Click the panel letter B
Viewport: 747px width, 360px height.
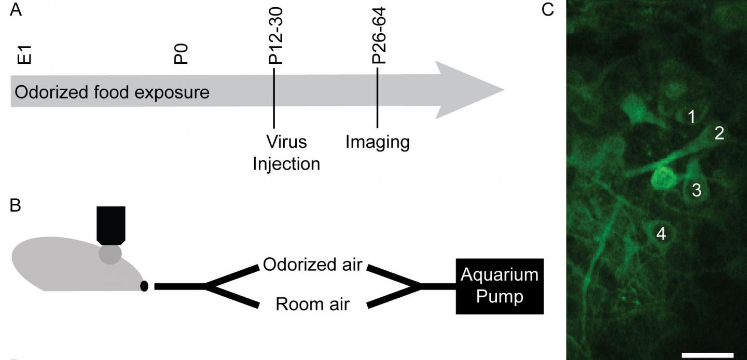tap(16, 206)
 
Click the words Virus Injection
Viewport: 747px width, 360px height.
tap(286, 153)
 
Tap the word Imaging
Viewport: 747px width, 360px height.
tap(378, 142)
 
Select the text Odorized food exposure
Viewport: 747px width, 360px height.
tap(112, 92)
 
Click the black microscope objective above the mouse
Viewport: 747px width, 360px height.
tap(110, 225)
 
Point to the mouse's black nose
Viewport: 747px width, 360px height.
tap(144, 286)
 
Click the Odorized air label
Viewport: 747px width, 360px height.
tap(312, 264)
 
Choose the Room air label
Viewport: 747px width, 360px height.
tap(312, 303)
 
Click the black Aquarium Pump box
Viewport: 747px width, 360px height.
tap(500, 286)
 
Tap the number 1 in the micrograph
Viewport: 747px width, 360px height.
tap(691, 117)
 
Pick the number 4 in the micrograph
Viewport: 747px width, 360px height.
tap(660, 233)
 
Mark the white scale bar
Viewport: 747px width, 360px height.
tap(708, 355)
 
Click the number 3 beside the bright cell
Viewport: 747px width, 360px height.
tap(697, 190)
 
